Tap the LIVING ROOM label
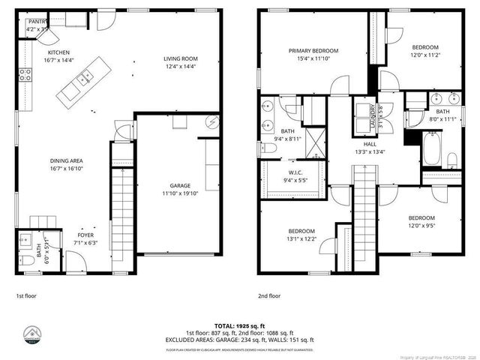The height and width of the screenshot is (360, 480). point(181,58)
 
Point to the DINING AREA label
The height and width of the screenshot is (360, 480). point(66,161)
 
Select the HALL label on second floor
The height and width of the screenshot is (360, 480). point(370,144)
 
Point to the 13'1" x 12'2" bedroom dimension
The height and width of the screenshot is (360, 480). point(302,239)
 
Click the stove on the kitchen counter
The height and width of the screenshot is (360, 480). point(25,74)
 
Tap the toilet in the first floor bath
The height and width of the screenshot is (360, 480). point(26,259)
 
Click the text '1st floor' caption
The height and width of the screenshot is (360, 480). point(26,295)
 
